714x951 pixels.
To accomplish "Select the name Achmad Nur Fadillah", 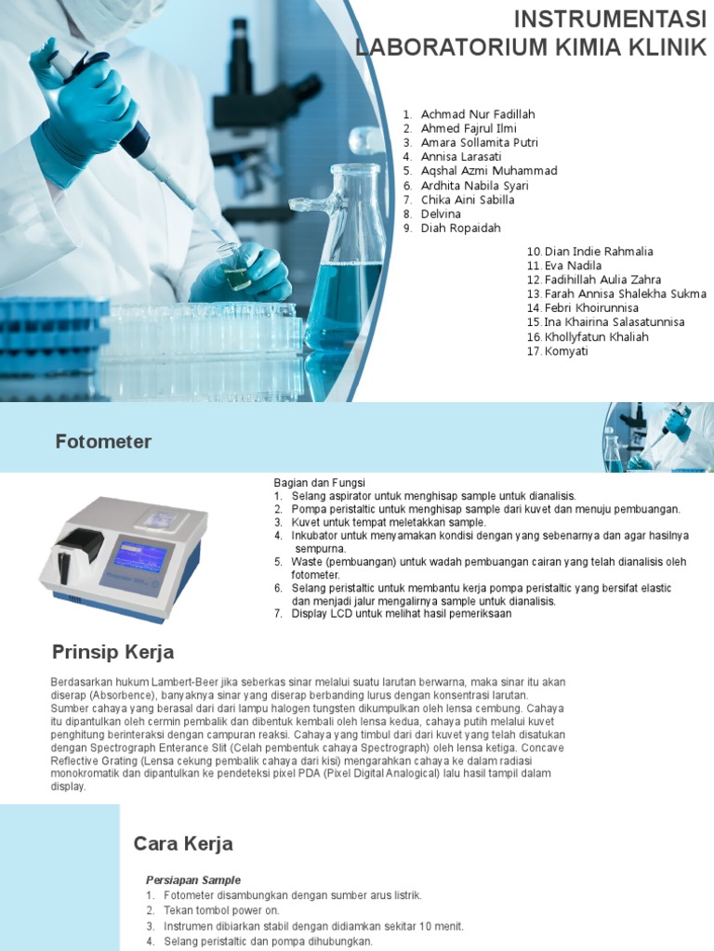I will point(478,114).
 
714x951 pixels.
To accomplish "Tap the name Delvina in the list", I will point(441,214).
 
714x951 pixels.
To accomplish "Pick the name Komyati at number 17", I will point(566,351).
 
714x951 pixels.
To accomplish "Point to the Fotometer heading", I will point(103,442).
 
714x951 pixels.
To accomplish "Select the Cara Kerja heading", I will point(183,844).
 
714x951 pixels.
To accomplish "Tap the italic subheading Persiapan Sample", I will point(193,879).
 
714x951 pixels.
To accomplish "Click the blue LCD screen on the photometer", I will point(139,557).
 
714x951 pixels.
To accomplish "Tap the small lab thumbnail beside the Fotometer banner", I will point(657,436).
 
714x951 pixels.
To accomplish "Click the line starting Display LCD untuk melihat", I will point(401,614).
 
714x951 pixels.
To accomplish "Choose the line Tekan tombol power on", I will point(221,911).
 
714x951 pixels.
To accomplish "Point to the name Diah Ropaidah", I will point(461,228).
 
